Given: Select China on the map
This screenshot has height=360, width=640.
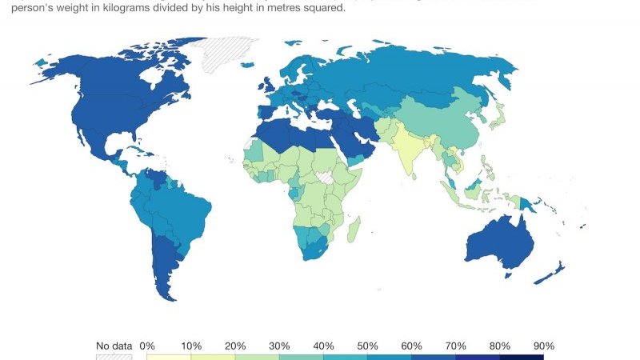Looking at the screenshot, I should point(448,120).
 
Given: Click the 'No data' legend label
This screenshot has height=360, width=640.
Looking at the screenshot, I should point(114,346).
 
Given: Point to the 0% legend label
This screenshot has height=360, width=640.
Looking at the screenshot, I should point(147,346).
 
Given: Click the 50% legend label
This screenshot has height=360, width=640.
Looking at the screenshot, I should point(368,346).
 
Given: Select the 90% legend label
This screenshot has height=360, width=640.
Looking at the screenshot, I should point(544,346).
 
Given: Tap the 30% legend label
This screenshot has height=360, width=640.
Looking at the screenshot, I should point(280,346).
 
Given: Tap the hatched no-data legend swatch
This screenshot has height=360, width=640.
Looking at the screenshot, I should point(114,355).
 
